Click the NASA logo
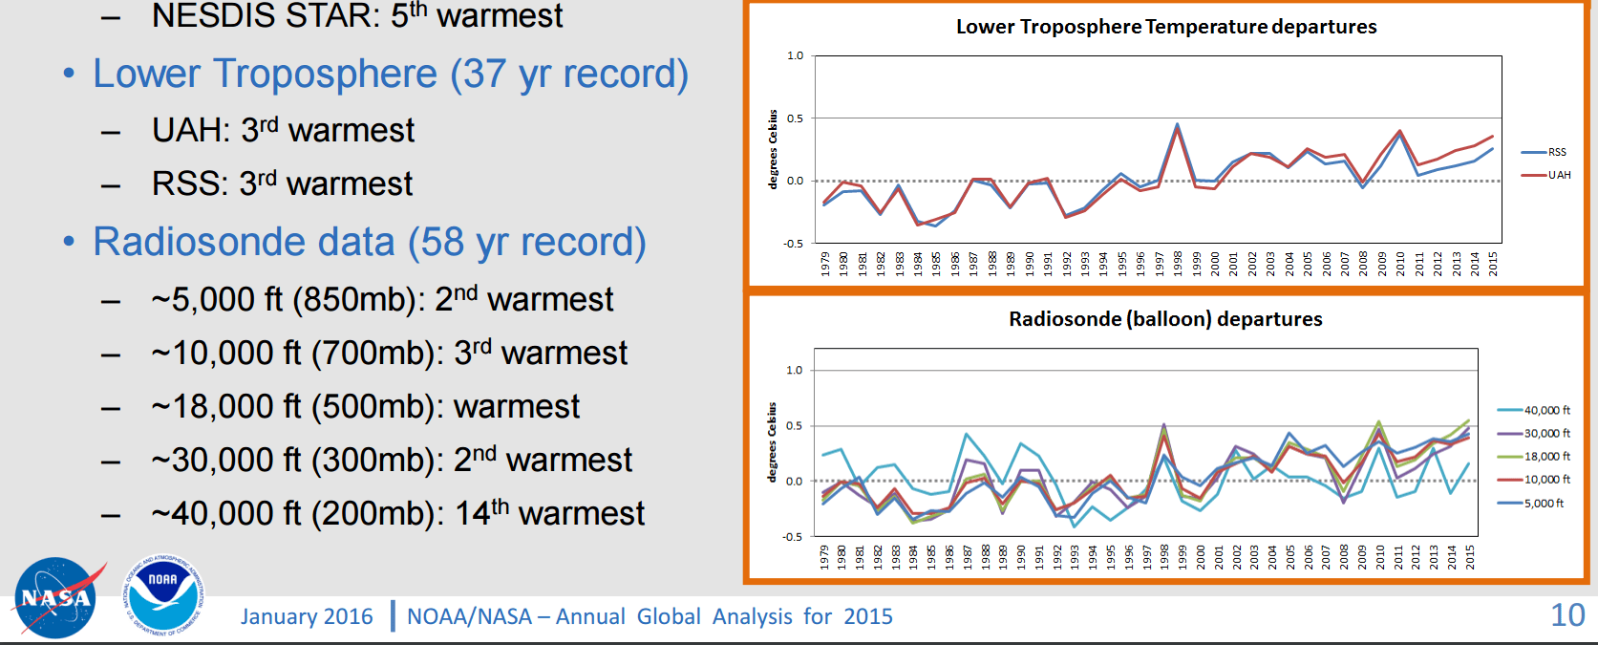(x=55, y=598)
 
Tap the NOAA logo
(x=163, y=594)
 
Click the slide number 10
(x=1567, y=615)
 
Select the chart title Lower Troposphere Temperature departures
(x=1166, y=27)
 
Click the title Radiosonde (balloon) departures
(x=1165, y=319)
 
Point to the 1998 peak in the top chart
(x=1178, y=124)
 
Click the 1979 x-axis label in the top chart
(x=825, y=264)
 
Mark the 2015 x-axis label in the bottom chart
(x=1470, y=556)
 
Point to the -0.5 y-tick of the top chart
(x=794, y=244)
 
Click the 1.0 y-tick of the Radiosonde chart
(x=794, y=370)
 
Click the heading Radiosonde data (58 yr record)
(x=369, y=242)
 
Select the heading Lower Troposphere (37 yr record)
(x=390, y=74)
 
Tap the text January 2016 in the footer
(x=307, y=616)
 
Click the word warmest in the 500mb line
(x=516, y=406)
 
